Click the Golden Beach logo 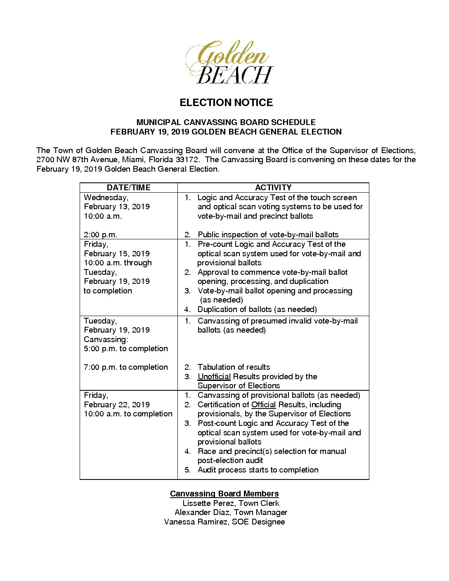229,62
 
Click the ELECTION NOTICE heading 226,103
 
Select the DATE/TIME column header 128,187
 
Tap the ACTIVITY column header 273,187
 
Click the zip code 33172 187,160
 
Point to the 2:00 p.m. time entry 100,235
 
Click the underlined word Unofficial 214,376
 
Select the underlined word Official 263,405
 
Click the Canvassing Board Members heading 224,494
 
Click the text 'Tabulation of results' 234,367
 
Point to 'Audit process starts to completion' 258,470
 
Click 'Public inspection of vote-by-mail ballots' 268,235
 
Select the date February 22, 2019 117,405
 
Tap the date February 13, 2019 117,207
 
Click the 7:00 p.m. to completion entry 126,367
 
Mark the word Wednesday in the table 106,198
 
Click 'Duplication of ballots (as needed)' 257,309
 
